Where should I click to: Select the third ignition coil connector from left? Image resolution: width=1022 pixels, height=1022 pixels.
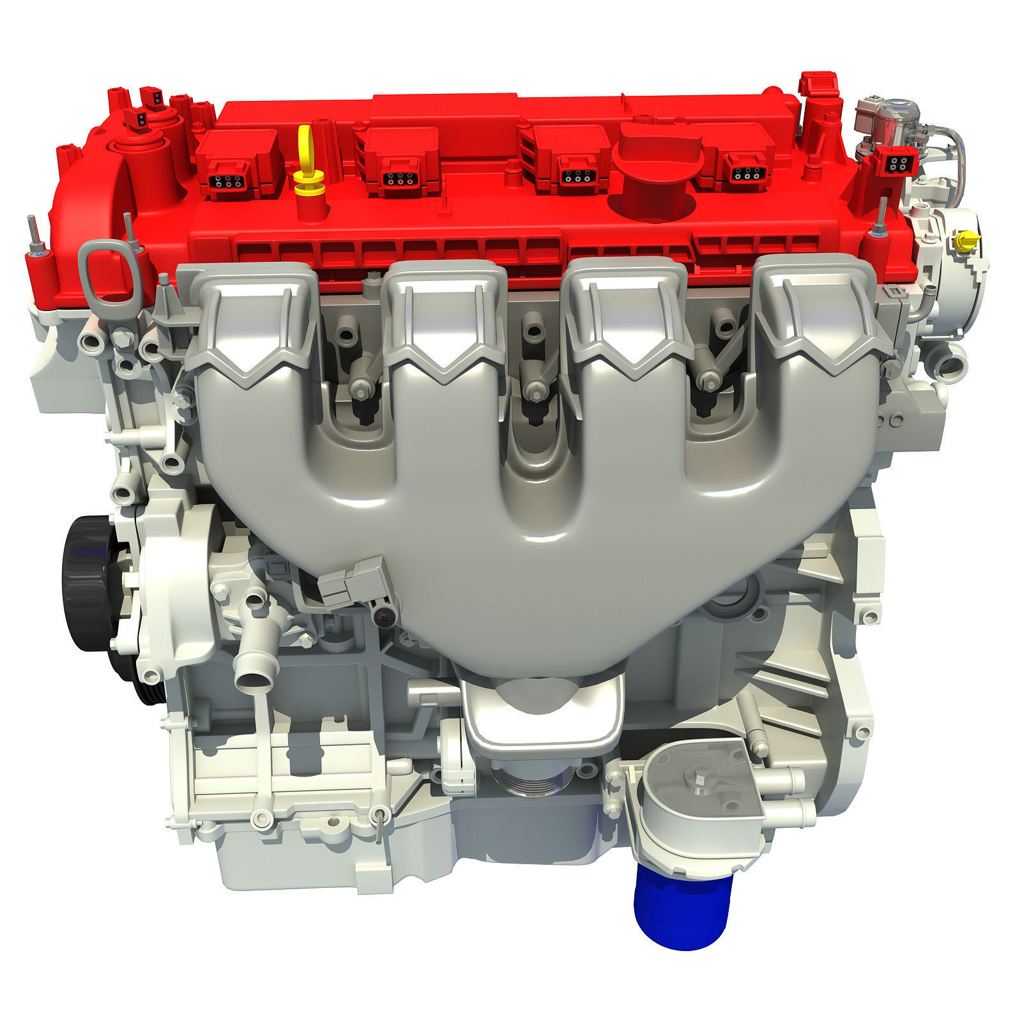point(574,179)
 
